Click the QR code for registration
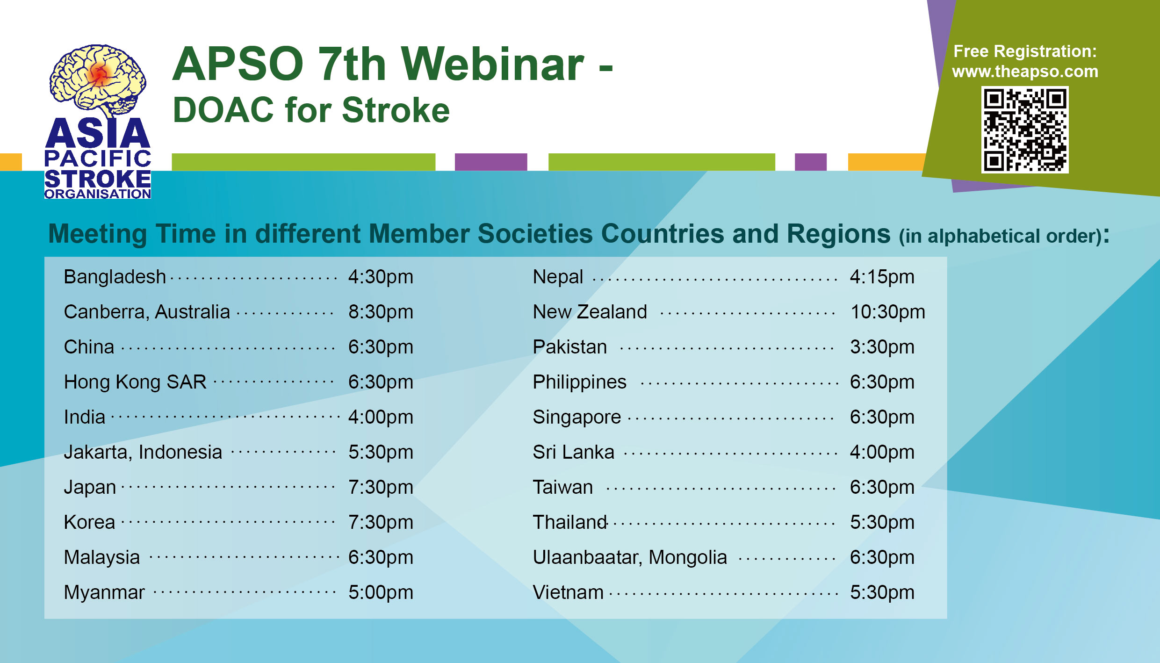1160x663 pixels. (x=1025, y=130)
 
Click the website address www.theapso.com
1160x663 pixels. (x=1025, y=72)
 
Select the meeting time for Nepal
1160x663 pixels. (x=882, y=277)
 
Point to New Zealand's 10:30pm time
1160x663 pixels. (x=887, y=312)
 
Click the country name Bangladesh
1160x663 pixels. (x=115, y=277)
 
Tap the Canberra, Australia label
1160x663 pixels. (x=147, y=312)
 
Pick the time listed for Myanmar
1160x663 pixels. (x=381, y=593)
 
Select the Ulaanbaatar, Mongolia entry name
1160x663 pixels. (x=630, y=558)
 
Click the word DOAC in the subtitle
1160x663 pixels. (x=223, y=110)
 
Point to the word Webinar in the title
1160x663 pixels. (x=492, y=64)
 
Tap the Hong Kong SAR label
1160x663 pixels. (x=135, y=382)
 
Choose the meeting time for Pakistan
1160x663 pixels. (x=882, y=347)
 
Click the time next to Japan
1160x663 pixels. (x=381, y=488)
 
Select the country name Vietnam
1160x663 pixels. (x=568, y=592)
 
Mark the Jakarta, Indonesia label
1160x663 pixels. (x=143, y=453)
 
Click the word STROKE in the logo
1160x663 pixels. (x=98, y=179)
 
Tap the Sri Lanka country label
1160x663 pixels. (x=573, y=452)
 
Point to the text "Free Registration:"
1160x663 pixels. (x=1025, y=51)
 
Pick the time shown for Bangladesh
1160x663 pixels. (x=381, y=277)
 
